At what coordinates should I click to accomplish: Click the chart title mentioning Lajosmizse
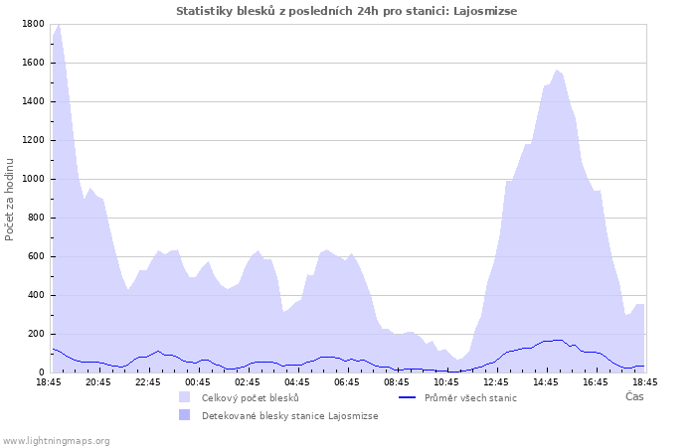(347, 11)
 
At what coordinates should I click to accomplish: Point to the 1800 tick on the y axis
(33, 24)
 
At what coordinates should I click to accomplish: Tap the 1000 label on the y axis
(33, 179)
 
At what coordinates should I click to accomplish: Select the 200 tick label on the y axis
(36, 334)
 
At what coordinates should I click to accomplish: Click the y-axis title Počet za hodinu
(10, 199)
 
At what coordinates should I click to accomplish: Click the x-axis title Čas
(634, 396)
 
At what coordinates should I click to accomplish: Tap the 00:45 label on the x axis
(198, 381)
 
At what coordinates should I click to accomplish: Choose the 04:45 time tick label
(297, 381)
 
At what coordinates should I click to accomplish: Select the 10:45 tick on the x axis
(446, 381)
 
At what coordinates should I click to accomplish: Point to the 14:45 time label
(546, 381)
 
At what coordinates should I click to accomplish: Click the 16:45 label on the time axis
(596, 381)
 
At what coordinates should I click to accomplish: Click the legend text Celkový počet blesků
(250, 397)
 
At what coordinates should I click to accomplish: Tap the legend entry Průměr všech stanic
(470, 397)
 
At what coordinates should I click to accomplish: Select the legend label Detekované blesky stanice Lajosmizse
(289, 415)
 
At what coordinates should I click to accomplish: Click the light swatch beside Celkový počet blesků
(184, 397)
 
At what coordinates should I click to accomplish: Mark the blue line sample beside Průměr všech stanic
(406, 397)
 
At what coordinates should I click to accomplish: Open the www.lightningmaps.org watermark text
(57, 440)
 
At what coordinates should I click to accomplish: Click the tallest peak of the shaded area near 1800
(59, 25)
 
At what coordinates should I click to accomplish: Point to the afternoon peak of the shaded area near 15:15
(557, 71)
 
